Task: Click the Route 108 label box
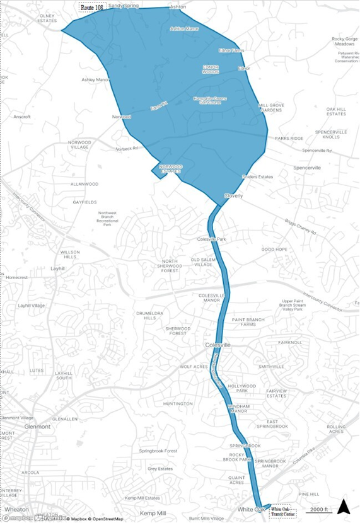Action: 91,7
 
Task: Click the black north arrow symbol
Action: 343,506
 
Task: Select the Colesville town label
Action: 218,345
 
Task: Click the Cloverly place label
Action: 233,196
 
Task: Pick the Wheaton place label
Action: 16,509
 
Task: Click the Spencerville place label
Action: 307,168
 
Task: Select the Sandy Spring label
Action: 124,5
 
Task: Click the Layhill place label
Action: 59,268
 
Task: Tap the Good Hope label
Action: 274,250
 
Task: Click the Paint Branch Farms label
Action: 248,322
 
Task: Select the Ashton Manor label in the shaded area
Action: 184,28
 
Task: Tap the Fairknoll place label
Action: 289,342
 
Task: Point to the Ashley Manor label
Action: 96,80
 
